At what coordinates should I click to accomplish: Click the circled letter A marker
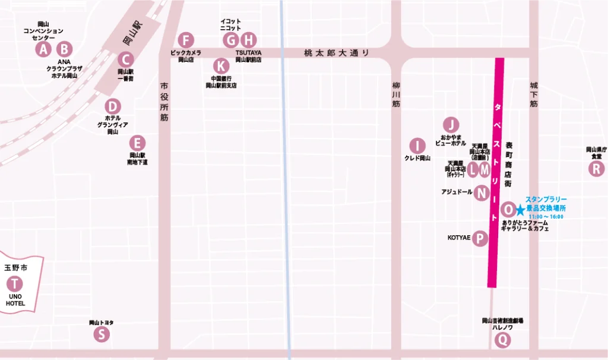(43, 49)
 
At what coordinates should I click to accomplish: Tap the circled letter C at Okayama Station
(125, 59)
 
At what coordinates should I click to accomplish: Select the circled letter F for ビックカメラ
(186, 40)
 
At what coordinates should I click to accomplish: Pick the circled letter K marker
(221, 65)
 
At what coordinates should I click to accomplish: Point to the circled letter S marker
(102, 334)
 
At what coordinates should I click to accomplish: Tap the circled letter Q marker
(502, 340)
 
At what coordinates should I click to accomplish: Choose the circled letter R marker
(595, 169)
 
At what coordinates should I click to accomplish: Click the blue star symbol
(521, 210)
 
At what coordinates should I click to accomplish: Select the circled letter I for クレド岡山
(417, 146)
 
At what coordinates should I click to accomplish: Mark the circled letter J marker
(451, 125)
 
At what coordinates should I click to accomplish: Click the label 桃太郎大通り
(336, 53)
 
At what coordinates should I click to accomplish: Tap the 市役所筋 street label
(164, 102)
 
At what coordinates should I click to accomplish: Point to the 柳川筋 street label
(397, 95)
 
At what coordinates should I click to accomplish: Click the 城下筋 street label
(533, 96)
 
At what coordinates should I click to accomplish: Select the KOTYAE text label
(459, 238)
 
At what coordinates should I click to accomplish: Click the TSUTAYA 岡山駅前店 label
(248, 56)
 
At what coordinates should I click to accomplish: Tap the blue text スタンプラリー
(546, 199)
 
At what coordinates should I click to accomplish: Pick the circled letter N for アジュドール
(482, 192)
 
